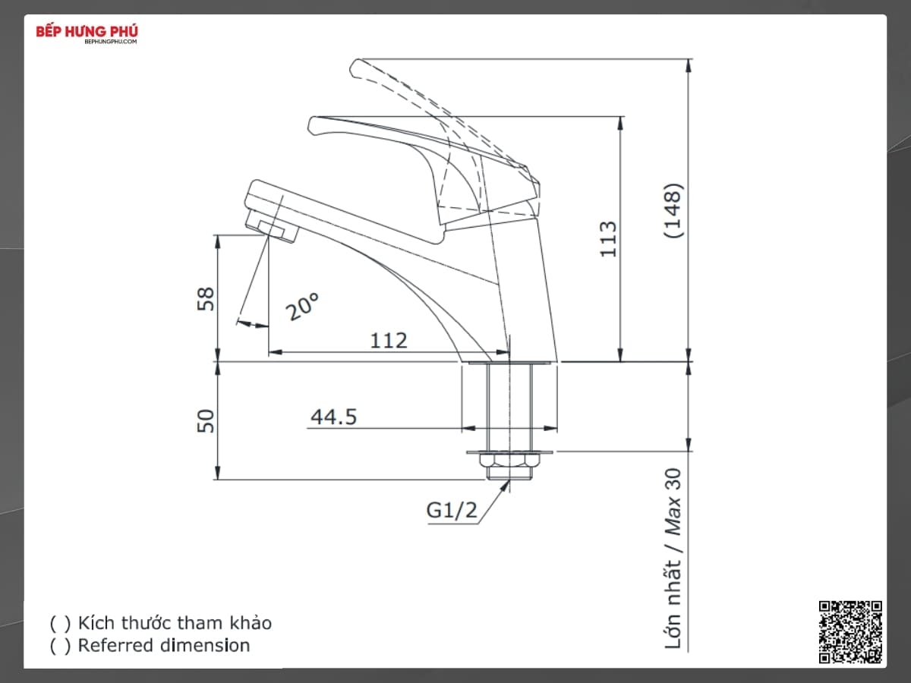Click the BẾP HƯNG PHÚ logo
87,34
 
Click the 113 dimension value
608,239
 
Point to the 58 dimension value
206,298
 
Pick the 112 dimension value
389,341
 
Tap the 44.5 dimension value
334,417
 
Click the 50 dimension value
206,421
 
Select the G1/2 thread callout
452,510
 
